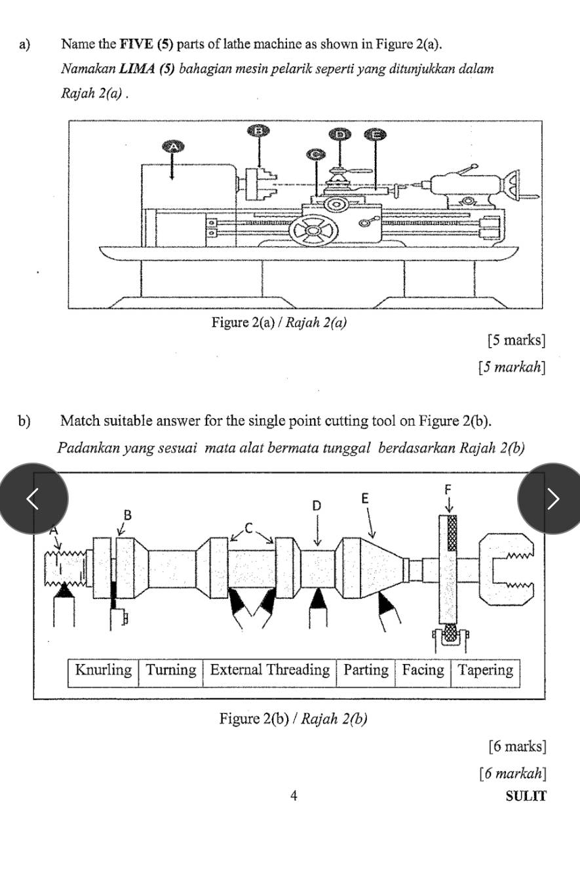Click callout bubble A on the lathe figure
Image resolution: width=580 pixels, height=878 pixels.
(173, 146)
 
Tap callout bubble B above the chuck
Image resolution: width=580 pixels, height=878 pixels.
(258, 131)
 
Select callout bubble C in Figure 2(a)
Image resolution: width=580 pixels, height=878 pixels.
(317, 154)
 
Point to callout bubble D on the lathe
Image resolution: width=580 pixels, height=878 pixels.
(340, 135)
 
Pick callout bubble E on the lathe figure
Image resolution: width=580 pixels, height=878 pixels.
(376, 135)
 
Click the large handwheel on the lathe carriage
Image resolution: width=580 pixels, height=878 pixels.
(314, 230)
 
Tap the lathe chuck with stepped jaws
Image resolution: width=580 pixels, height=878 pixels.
(260, 182)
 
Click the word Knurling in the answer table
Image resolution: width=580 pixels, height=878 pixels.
(104, 670)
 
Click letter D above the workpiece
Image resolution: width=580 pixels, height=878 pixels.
(317, 506)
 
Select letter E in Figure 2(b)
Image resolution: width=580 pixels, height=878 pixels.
(365, 499)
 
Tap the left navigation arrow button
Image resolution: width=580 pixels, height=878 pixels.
(33, 499)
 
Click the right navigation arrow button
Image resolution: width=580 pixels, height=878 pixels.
(551, 499)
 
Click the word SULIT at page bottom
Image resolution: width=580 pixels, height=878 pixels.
(526, 796)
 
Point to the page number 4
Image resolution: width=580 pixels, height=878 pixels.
(294, 795)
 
